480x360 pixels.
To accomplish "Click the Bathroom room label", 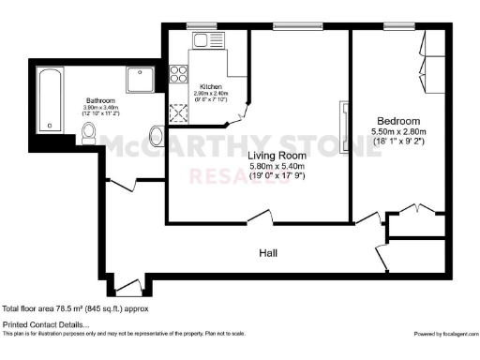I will tap(101, 100).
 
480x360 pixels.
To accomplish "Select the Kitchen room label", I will tap(211, 87).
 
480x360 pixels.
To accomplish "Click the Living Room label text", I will tap(277, 156).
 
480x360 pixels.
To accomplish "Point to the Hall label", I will tap(268, 253).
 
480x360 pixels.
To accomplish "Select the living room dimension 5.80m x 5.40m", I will tap(277, 168).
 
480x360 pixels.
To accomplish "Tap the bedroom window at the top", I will tap(397, 24).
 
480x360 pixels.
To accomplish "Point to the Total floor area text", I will tap(75, 308).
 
